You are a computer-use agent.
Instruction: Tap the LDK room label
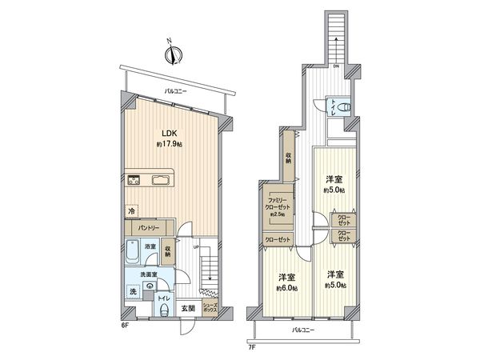(170, 133)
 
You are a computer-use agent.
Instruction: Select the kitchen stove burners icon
(134, 178)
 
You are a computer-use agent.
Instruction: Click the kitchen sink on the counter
(161, 178)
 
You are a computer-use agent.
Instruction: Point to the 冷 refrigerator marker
(130, 210)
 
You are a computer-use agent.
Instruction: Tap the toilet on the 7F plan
(342, 108)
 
